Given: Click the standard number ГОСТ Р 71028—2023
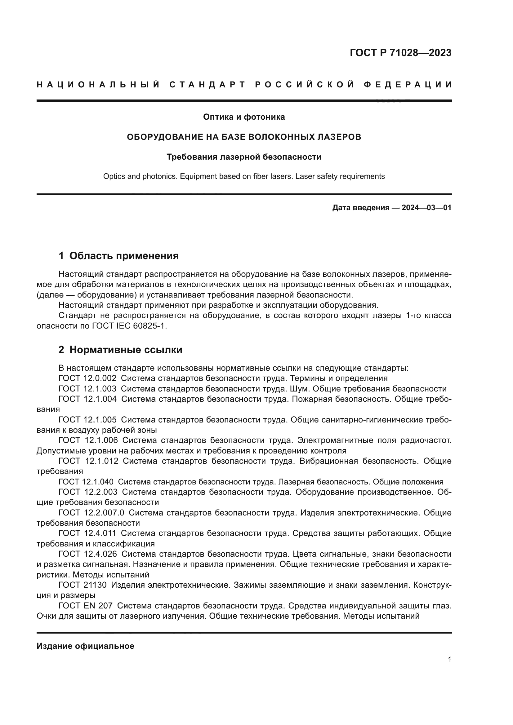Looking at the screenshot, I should coord(400,53).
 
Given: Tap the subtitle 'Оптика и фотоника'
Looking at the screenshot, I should coord(243,117).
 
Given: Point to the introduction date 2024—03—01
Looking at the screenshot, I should coord(426,208).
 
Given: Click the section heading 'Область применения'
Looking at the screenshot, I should coord(124,256).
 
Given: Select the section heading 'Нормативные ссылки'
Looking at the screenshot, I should coord(125,350).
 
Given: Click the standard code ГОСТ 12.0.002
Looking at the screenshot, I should coord(87,378).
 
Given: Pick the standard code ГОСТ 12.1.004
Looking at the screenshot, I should coord(87,399).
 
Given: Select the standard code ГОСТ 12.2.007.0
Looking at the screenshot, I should coord(91,513).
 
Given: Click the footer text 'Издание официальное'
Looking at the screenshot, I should coord(85,646).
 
